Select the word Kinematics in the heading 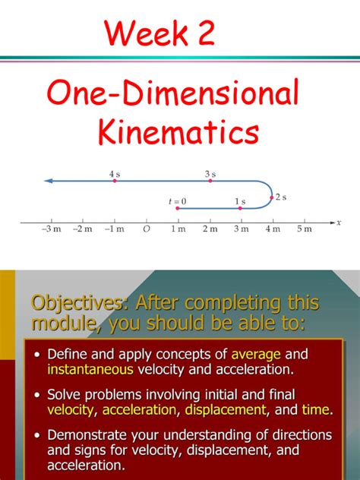point(179,133)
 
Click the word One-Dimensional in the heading point(173,94)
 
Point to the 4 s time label point(115,174)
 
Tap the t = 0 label point(177,201)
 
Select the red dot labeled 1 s point(241,207)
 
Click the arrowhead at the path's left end point(48,181)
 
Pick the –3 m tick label point(52,230)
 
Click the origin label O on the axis point(146,230)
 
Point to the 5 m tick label point(304,230)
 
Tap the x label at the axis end point(338,222)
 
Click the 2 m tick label point(210,230)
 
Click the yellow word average point(256,354)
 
